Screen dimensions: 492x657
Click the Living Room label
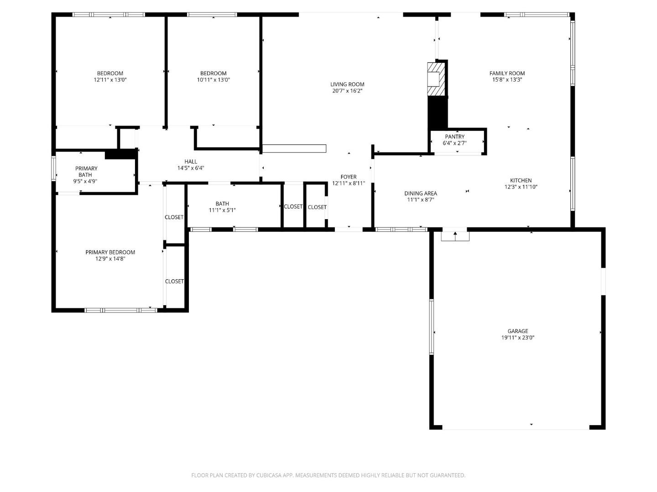pos(347,84)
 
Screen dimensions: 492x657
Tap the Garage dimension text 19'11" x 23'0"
pos(518,338)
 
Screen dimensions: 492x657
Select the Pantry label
pos(454,137)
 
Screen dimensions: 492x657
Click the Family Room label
pos(507,73)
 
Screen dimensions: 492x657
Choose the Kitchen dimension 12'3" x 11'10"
pos(521,187)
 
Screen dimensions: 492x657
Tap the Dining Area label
pos(420,193)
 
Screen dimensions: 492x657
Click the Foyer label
pos(349,177)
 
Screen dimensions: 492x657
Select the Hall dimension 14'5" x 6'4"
pos(191,168)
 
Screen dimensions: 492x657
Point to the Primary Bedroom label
pos(110,252)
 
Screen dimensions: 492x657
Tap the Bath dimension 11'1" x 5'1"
pos(222,210)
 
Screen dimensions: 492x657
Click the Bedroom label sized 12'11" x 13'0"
pos(110,73)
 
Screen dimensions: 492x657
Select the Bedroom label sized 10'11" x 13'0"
pos(213,73)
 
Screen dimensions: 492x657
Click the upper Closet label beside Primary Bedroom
pos(174,217)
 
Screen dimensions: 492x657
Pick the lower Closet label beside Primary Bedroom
pos(174,282)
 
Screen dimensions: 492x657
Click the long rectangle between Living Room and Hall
pos(294,149)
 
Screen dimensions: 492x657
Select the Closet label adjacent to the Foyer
pos(317,207)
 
